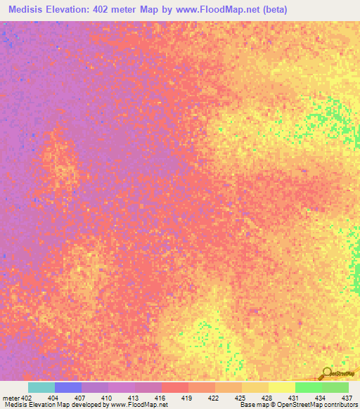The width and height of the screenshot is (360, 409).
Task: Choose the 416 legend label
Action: [x=161, y=397]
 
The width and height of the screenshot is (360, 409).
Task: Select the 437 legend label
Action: [x=347, y=397]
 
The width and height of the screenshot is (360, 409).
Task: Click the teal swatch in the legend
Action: [x=41, y=387]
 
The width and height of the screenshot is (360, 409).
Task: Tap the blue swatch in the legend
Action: [x=68, y=387]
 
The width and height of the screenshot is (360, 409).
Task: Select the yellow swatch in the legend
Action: [x=282, y=387]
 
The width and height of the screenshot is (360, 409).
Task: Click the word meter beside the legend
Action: [x=11, y=397]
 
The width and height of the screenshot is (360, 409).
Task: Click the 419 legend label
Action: [x=188, y=397]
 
